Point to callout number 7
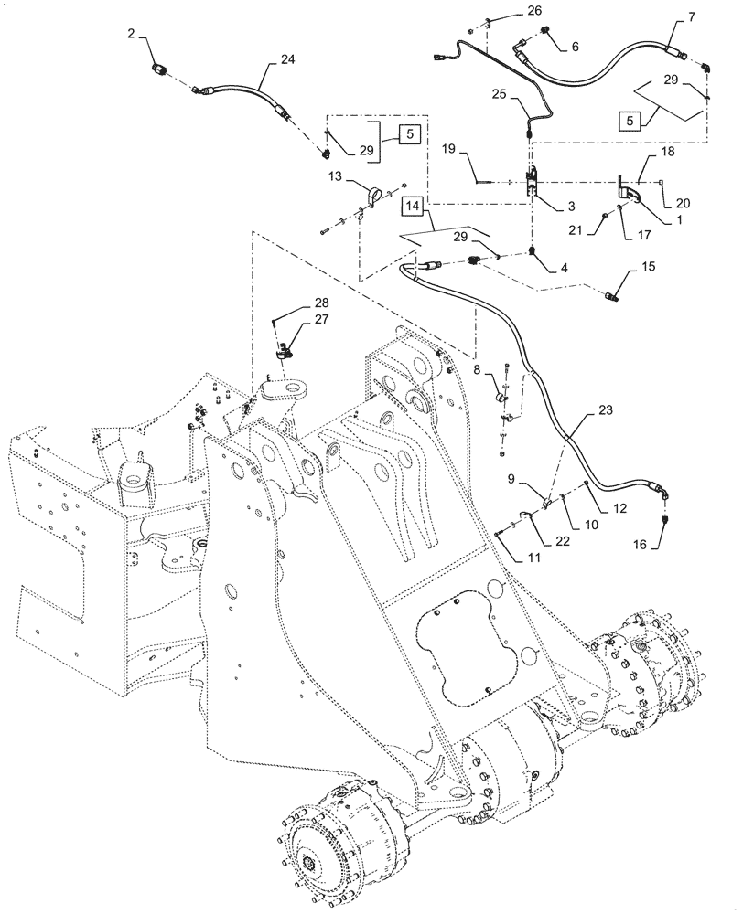(690, 16)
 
